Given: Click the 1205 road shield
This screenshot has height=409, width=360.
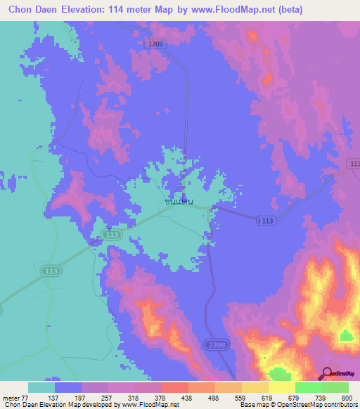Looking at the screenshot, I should point(155,44).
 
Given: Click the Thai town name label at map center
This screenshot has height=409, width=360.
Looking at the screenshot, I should point(179,202).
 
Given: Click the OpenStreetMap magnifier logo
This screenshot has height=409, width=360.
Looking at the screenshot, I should point(326,373).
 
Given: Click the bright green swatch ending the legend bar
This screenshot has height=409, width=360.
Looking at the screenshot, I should point(335,387).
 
